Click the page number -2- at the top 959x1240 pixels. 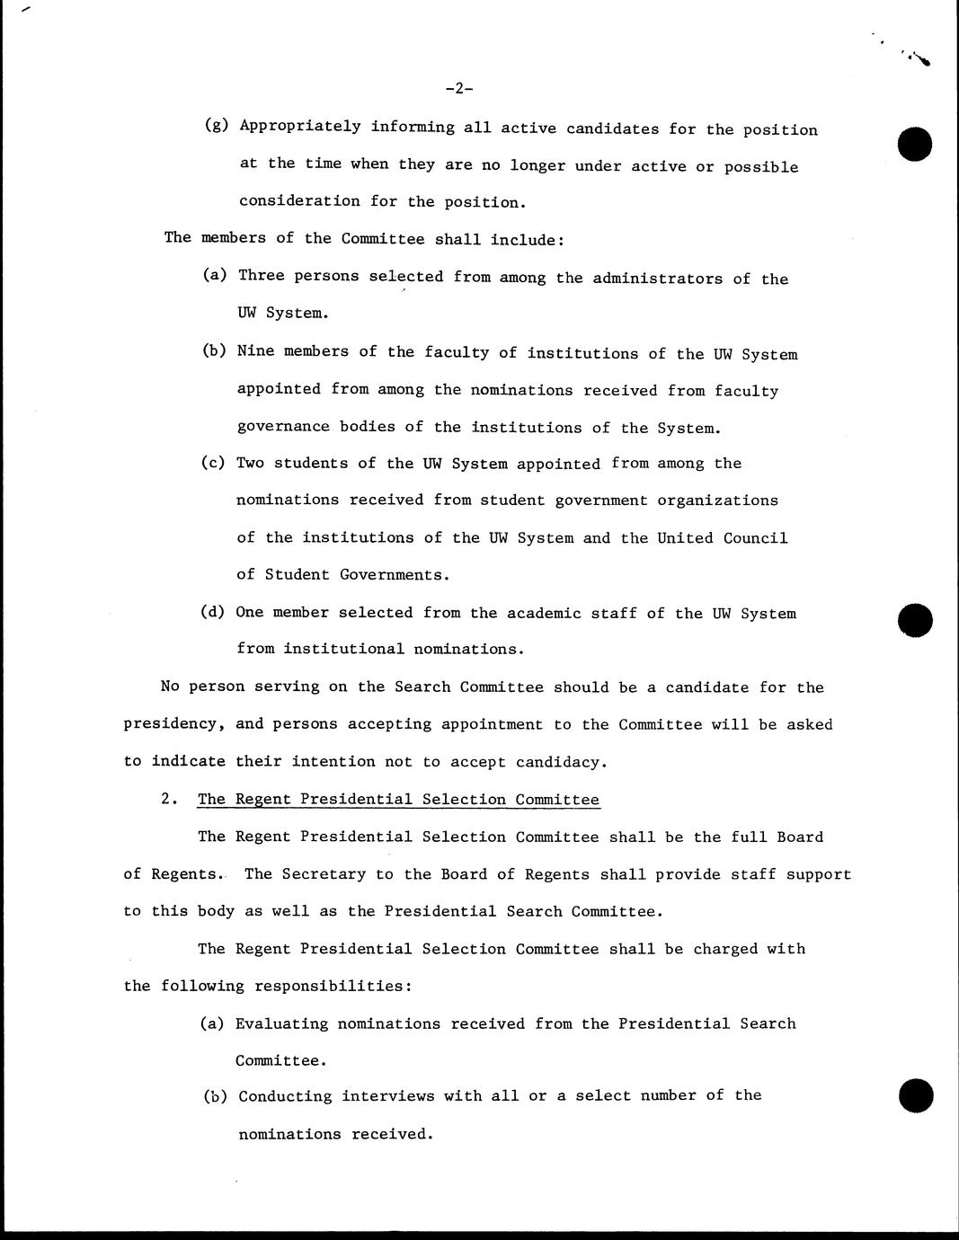pyautogui.click(x=458, y=88)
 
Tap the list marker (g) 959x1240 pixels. pyautogui.click(x=217, y=127)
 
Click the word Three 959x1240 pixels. pyautogui.click(x=261, y=276)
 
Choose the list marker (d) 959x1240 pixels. pyautogui.click(x=213, y=613)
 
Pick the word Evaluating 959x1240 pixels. pyautogui.click(x=281, y=1023)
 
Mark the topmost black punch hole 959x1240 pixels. pyautogui.click(x=915, y=144)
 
